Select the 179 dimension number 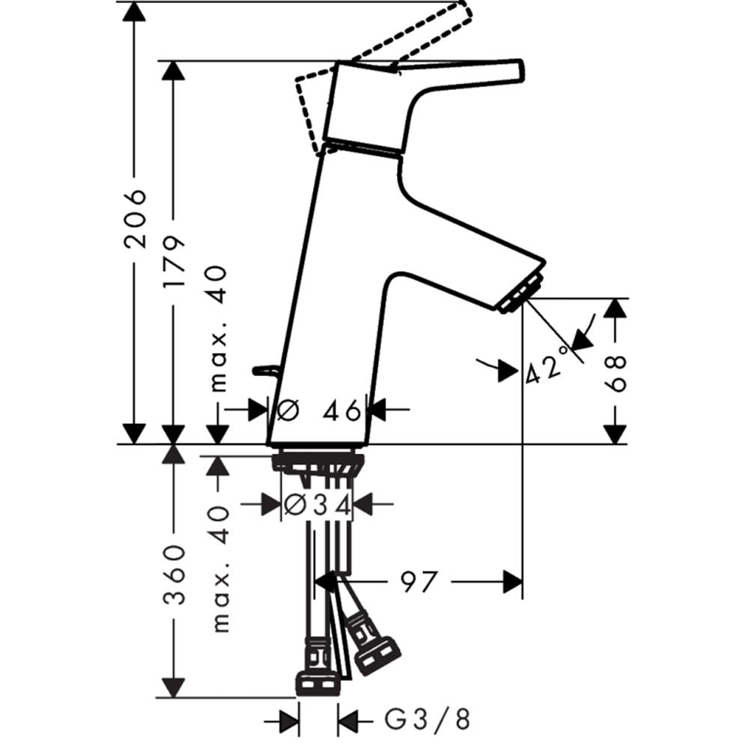click(x=174, y=261)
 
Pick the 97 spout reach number click(x=419, y=582)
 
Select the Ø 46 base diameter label click(x=318, y=410)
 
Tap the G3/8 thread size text click(x=428, y=719)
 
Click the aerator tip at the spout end click(x=521, y=294)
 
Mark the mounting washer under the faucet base click(x=318, y=462)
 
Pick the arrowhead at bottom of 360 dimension click(x=174, y=687)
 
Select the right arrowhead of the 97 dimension click(x=512, y=582)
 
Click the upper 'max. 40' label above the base click(x=218, y=329)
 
